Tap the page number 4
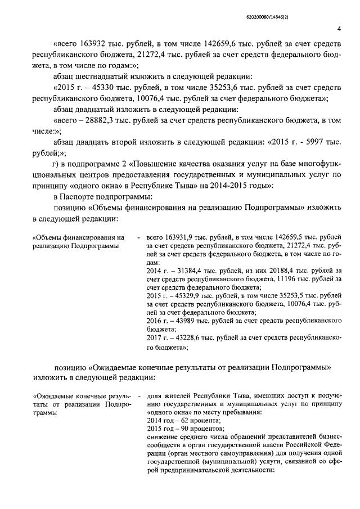(x=339, y=29)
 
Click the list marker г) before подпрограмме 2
(x=56, y=164)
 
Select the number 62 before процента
(x=179, y=421)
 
